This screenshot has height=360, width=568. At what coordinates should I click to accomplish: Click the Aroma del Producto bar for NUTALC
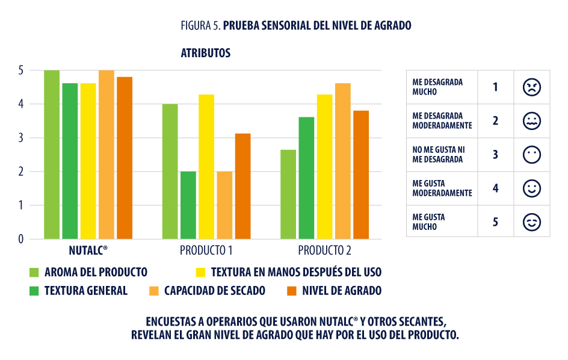(52, 155)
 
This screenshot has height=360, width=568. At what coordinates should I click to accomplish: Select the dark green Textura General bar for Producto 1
(188, 205)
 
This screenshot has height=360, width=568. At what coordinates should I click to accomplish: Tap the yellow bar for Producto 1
(206, 167)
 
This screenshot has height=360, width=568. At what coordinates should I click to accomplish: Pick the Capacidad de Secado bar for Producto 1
(224, 205)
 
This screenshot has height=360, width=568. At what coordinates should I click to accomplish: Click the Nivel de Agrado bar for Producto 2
(361, 175)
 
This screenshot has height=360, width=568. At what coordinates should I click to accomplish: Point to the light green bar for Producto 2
(288, 194)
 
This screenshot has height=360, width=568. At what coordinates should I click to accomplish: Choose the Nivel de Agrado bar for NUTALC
(125, 158)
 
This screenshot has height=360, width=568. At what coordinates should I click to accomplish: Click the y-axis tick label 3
(20, 138)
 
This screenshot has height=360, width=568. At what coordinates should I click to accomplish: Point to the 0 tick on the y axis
(20, 239)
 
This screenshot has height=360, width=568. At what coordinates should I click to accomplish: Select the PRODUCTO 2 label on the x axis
(325, 250)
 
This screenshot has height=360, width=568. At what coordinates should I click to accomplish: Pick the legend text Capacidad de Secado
(215, 291)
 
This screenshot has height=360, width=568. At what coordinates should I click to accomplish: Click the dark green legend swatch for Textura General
(34, 291)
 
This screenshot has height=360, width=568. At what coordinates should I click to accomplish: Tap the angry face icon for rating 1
(531, 87)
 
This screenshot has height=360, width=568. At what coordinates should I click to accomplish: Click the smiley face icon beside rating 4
(531, 188)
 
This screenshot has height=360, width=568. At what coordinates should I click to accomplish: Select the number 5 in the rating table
(495, 222)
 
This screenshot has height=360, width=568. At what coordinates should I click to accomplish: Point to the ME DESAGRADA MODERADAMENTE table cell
(442, 121)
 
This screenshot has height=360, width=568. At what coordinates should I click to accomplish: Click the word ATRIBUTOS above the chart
(205, 53)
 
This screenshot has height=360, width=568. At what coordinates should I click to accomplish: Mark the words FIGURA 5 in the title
(201, 26)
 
